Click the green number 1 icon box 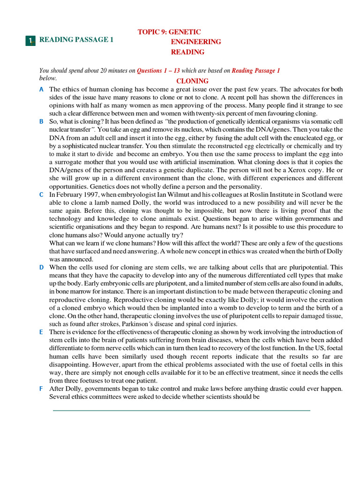pyautogui.click(x=30, y=41)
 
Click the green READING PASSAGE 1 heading pyautogui.click(x=76, y=40)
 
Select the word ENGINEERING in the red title pyautogui.click(x=195, y=42)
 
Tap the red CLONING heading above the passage pyautogui.click(x=192, y=81)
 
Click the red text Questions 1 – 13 pyautogui.click(x=158, y=71)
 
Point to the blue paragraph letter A pyautogui.click(x=42, y=89)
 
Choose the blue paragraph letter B pyautogui.click(x=42, y=121)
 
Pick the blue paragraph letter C pyautogui.click(x=42, y=194)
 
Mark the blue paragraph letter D pyautogui.click(x=42, y=267)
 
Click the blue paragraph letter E pyautogui.click(x=42, y=332)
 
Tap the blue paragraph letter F pyautogui.click(x=42, y=389)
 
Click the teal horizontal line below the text pyautogui.click(x=181, y=411)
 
